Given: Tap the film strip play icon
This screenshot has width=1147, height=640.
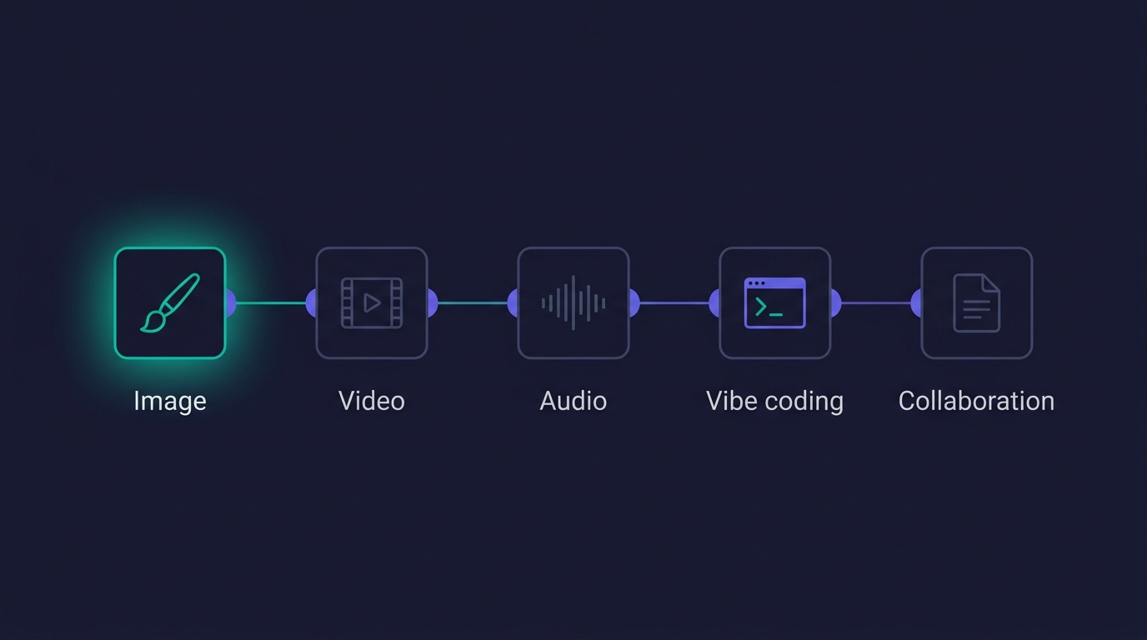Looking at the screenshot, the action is click(x=372, y=303).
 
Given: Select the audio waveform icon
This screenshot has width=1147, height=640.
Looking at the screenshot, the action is click(x=573, y=302).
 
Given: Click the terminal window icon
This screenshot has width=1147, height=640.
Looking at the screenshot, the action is click(x=774, y=302).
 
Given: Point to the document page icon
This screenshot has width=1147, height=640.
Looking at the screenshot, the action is click(x=976, y=303).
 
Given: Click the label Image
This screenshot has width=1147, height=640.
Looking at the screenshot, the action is click(x=170, y=401).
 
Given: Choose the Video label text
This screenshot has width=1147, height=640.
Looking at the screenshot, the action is click(x=372, y=401).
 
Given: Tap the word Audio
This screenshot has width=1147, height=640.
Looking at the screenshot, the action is click(x=573, y=401).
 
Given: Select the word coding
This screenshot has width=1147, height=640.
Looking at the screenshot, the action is click(x=804, y=402).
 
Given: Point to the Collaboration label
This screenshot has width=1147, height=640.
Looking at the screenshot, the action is click(x=976, y=401).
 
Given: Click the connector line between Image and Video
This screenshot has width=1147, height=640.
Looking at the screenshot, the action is click(x=271, y=303).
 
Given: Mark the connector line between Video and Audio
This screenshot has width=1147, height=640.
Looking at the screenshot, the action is click(x=473, y=303).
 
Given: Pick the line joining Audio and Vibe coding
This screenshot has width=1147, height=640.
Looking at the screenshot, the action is click(x=674, y=303).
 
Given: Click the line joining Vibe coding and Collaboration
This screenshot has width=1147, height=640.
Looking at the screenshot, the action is click(x=876, y=303).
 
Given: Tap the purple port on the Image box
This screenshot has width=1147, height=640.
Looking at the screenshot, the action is click(x=231, y=303).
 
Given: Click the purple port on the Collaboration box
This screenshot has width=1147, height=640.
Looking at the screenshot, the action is click(x=917, y=303).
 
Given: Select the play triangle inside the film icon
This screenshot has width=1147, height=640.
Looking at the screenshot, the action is click(x=371, y=303).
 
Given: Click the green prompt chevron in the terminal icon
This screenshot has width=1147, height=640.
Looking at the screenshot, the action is click(x=761, y=307).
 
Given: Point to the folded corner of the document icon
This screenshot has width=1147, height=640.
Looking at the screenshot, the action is click(x=991, y=282).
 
